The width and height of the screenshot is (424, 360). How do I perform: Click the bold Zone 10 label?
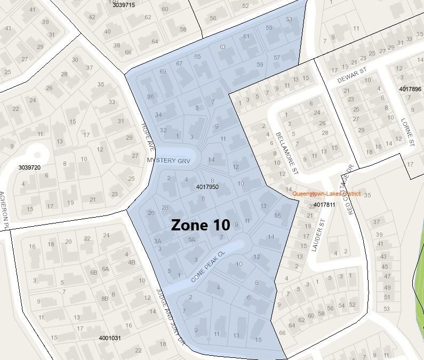click(x=201, y=225)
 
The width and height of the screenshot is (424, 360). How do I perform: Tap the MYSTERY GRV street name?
click(x=169, y=160)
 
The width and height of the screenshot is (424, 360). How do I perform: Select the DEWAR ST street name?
click(x=353, y=78)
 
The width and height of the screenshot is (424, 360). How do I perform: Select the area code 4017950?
click(x=207, y=187)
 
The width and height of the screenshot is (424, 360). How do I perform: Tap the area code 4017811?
click(x=324, y=204)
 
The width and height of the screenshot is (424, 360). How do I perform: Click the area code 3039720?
click(x=29, y=167)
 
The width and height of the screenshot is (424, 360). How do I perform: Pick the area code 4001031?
click(x=110, y=338)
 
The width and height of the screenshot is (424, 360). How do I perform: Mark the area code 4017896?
click(x=410, y=89)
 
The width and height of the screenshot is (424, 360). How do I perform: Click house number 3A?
click(x=157, y=241)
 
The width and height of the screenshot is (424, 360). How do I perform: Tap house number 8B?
click(x=105, y=299)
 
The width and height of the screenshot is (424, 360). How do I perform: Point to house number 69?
click(x=163, y=71)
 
